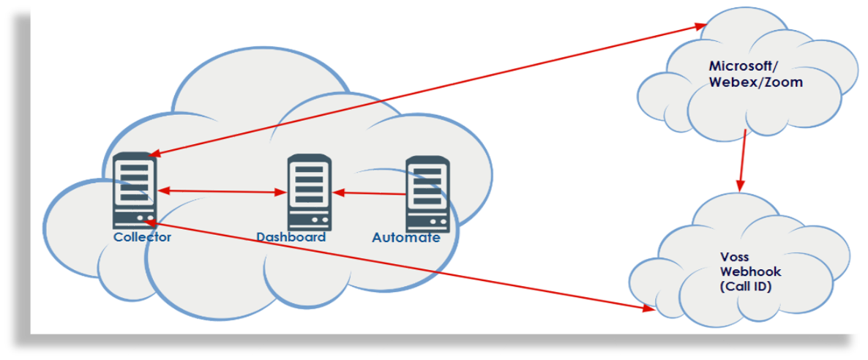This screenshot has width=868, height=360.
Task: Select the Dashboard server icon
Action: (x=309, y=192)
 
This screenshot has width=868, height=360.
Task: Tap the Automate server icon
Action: (x=427, y=193)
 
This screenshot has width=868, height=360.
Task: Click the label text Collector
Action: (x=142, y=237)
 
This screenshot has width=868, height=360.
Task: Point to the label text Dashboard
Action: (x=291, y=237)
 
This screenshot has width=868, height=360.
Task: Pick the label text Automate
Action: (x=406, y=238)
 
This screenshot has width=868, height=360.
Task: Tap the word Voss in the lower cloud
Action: (x=735, y=258)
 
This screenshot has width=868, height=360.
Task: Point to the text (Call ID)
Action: (x=746, y=287)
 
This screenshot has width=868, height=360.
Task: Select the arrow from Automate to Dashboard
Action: (x=370, y=193)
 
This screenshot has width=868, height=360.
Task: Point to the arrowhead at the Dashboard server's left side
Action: (x=280, y=193)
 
